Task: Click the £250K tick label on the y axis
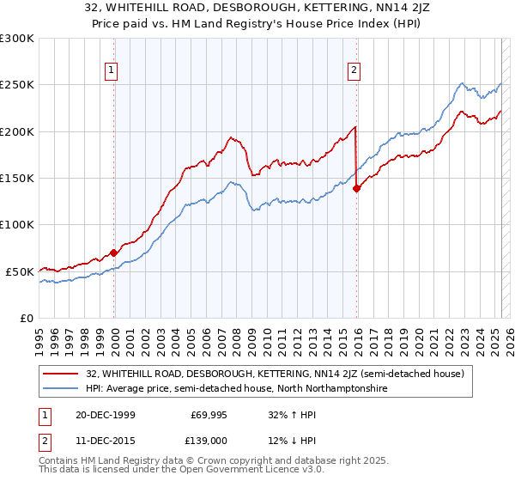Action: click(x=17, y=85)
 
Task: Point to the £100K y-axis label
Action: click(x=17, y=224)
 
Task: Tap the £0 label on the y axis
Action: click(x=26, y=318)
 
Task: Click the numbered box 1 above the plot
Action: click(x=112, y=71)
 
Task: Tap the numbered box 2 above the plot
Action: click(x=354, y=71)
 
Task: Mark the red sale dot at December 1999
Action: click(x=113, y=253)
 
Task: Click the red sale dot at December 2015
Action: click(x=356, y=189)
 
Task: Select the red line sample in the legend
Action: click(x=61, y=374)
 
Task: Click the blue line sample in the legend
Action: click(x=61, y=388)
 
